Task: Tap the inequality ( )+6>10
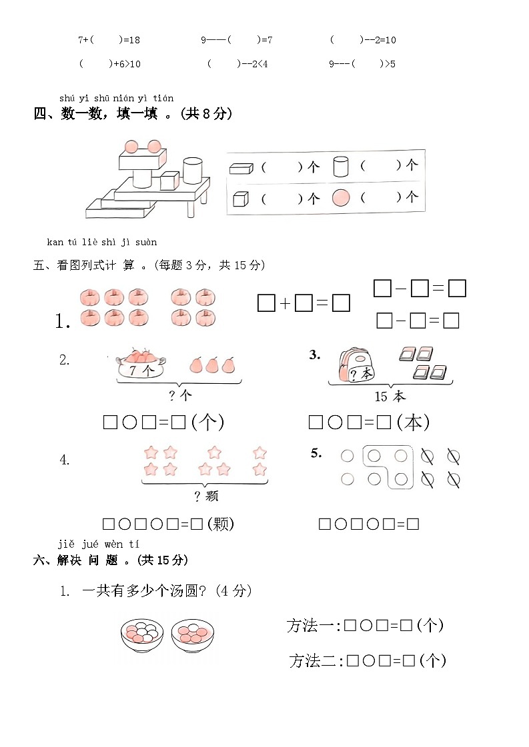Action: tap(109, 64)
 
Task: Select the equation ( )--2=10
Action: tap(363, 40)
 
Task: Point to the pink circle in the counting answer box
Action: tap(341, 198)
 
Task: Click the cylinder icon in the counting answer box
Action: tap(340, 166)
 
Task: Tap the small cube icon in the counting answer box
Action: tap(241, 199)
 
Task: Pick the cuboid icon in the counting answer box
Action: tap(241, 168)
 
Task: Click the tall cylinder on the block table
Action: tap(193, 170)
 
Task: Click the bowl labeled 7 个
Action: tap(141, 367)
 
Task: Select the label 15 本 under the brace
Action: tap(390, 396)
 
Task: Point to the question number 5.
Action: tap(316, 454)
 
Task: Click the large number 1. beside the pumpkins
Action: tap(63, 322)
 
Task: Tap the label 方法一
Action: tap(313, 626)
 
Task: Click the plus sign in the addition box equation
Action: tap(285, 304)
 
